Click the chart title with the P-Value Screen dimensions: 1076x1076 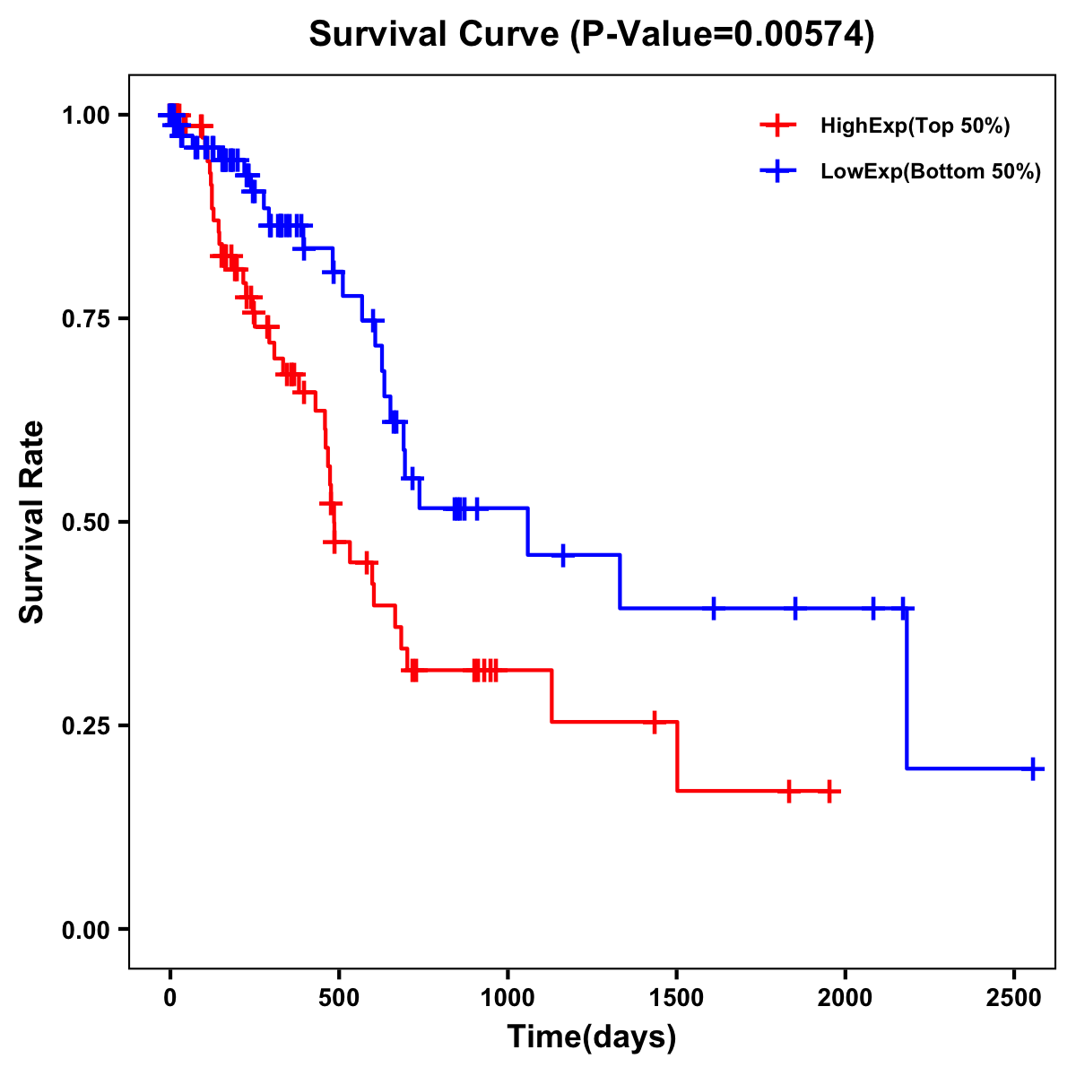591,34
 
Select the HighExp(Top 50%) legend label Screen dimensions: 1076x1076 915,126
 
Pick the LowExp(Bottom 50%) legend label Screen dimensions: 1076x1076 931,172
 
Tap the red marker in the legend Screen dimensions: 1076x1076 777,126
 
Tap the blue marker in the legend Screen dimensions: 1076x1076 777,171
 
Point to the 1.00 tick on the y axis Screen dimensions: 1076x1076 86,115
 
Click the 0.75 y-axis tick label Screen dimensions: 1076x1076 86,318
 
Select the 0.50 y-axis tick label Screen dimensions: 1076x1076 86,522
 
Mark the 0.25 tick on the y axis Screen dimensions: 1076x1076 86,725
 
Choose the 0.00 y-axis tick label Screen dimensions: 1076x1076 86,929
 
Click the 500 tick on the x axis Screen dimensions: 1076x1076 339,994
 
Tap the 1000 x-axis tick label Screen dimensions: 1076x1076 508,994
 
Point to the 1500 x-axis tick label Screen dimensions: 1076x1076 676,994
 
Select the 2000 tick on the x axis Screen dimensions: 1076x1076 845,994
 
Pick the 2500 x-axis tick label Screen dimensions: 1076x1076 1013,994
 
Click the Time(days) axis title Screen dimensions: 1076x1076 592,1037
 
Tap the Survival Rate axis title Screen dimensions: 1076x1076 32,522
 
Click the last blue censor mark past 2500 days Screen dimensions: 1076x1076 1033,768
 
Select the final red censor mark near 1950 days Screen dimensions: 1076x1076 829,792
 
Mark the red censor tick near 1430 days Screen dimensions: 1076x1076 654,721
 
